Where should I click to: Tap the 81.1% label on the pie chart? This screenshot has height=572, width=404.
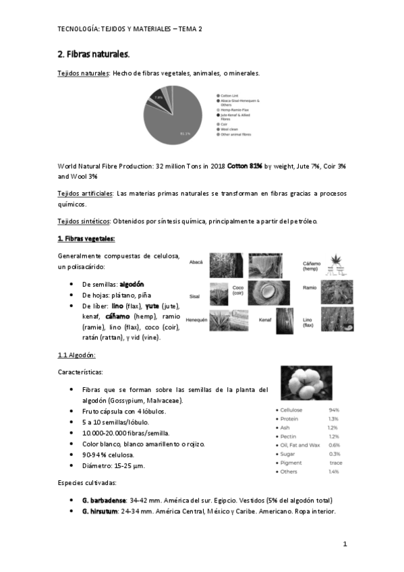click(184, 134)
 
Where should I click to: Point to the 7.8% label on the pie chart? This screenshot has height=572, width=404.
click(159, 98)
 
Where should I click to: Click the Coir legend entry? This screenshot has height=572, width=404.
click(225, 123)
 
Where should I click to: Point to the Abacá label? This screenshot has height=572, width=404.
click(196, 261)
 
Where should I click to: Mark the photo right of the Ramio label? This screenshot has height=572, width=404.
click(335, 291)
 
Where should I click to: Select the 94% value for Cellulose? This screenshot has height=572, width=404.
click(333, 409)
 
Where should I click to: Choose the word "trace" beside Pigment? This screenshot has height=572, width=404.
click(336, 462)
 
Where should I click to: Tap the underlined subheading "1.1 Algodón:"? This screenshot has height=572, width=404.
click(77, 355)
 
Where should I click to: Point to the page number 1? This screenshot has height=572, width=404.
click(344, 544)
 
